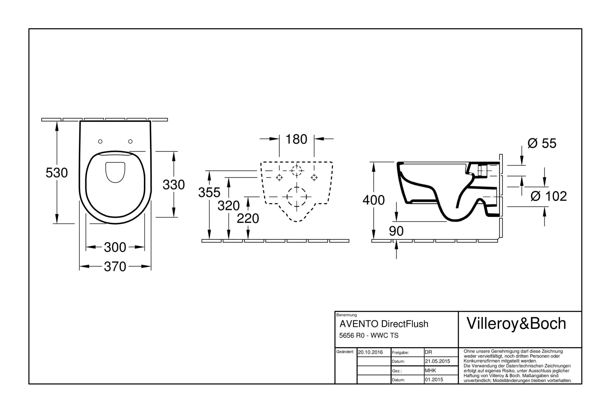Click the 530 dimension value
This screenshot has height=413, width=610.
click(x=56, y=173)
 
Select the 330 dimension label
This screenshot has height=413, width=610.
click(x=174, y=185)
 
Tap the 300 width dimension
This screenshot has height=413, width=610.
click(x=115, y=247)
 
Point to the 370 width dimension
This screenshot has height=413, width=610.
click(x=115, y=267)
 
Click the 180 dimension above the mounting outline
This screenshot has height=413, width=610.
click(x=296, y=139)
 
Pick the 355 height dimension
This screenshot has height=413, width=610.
click(x=209, y=192)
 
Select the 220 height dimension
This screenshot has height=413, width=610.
click(x=248, y=219)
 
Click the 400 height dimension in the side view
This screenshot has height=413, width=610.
click(x=373, y=200)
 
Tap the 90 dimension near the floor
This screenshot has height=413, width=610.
click(x=396, y=231)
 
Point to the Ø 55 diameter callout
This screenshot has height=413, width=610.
click(x=542, y=143)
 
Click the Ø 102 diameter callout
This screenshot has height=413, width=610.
click(x=549, y=196)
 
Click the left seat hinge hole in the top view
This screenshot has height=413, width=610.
click(x=100, y=141)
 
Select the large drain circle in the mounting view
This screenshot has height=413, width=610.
click(x=296, y=197)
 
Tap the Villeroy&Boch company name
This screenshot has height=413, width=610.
click(x=516, y=324)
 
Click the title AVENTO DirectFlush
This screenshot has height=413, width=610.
click(x=384, y=324)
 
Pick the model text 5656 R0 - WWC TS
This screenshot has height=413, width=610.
click(x=369, y=336)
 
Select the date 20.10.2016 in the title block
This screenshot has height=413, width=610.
click(x=370, y=352)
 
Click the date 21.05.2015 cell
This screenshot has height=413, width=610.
click(x=437, y=361)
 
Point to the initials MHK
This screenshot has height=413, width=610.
click(x=430, y=371)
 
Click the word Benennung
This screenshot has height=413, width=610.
click(x=346, y=315)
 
